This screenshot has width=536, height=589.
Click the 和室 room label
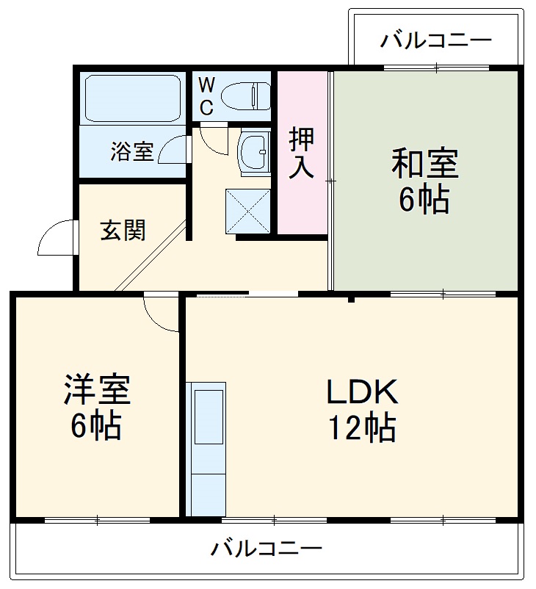[x=424, y=163]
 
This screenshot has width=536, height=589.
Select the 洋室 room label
[x=96, y=390]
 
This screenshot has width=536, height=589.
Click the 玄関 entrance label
[x=123, y=231]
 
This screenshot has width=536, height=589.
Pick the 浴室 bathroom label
[x=132, y=151]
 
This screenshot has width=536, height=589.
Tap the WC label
[x=206, y=96]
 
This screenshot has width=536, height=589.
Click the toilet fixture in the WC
[x=247, y=95]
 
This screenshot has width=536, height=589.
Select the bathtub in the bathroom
[x=132, y=98]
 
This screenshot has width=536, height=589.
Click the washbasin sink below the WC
[x=255, y=151]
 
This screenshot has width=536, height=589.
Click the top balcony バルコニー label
[x=435, y=40]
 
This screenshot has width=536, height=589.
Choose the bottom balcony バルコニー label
[x=267, y=549]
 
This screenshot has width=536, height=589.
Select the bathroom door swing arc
[x=174, y=150]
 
